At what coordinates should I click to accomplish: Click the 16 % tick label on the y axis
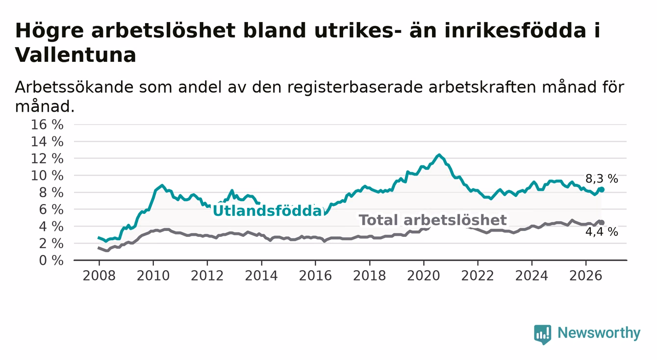47,125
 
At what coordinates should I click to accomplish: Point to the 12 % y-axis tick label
47,159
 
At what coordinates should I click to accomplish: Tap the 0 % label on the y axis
51,260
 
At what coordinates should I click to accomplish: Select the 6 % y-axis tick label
51,209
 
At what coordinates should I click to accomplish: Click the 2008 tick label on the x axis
99,276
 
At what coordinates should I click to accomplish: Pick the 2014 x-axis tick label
261,276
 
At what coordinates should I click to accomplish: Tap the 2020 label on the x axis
424,276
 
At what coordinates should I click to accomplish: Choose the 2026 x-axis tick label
586,276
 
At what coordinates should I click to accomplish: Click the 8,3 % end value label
602,179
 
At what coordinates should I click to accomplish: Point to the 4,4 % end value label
602,232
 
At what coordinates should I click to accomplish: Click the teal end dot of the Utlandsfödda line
602,189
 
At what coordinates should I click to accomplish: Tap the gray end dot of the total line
602,222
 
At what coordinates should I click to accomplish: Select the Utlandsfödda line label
268,211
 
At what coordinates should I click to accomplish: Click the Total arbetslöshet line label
432,220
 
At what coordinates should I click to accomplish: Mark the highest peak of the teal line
439,154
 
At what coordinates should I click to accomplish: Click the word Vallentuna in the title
76,55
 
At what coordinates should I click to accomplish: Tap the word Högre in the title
49,31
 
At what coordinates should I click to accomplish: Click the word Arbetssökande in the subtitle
74,87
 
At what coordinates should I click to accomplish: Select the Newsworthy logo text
599,333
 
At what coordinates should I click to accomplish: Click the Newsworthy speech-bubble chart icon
542,334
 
